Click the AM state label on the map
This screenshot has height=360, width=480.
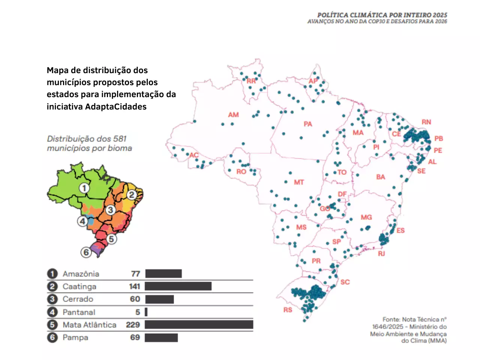coord(233,115)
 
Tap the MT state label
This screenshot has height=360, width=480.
coord(299,182)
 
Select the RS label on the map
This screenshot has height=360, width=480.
coord(288,310)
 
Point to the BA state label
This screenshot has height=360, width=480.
coord(381,177)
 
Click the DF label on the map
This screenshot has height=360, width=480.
coord(342,194)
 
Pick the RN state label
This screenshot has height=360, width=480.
coord(426,122)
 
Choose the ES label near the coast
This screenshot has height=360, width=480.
coord(400,230)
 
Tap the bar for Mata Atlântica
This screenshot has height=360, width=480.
coord(199,325)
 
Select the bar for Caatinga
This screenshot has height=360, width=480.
coord(178,286)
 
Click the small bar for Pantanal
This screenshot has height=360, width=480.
coord(146,312)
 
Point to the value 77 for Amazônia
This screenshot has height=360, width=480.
coord(135,274)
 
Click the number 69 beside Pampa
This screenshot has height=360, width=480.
coord(135,337)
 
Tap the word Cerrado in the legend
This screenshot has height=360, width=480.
coord(78,299)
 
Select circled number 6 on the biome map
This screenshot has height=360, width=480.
coord(86,252)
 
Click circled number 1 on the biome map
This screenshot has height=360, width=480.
coord(84,188)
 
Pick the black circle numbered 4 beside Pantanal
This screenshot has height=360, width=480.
coord(52,312)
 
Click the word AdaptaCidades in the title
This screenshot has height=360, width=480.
coord(116,106)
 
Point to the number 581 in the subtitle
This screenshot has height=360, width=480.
coord(120,139)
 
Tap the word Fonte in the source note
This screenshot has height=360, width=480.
coord(391,319)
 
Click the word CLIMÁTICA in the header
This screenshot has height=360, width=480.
coord(369,15)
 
